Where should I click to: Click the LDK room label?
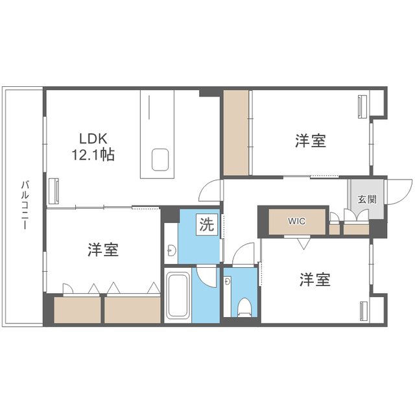click(x=93, y=139)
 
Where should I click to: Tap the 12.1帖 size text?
click(x=93, y=155)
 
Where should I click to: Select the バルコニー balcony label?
click(x=25, y=205)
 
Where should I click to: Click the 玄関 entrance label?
click(x=367, y=199)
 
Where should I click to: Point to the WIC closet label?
click(x=297, y=221)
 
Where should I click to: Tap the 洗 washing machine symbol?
click(x=207, y=224)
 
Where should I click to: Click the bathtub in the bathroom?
click(x=178, y=295)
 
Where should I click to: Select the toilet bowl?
click(x=244, y=307)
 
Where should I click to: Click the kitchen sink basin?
click(x=160, y=160)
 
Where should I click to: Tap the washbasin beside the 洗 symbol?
click(x=171, y=250)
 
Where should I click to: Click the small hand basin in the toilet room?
click(x=227, y=281)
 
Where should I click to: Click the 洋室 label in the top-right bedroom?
click(x=311, y=141)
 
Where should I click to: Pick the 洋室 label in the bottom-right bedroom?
click(x=315, y=279)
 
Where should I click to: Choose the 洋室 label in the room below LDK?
click(x=103, y=250)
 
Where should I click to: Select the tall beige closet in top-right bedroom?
click(x=236, y=132)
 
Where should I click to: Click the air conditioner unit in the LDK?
click(x=54, y=191)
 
